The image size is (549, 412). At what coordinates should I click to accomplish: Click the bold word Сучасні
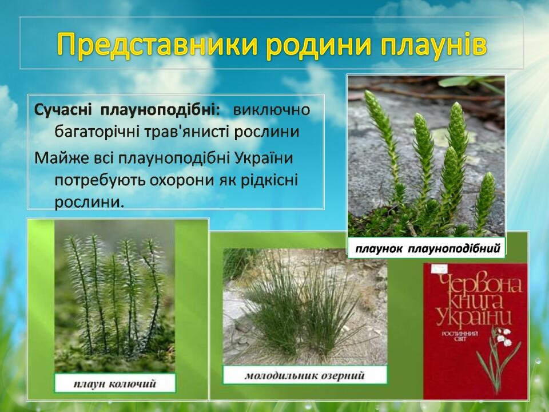[63, 110]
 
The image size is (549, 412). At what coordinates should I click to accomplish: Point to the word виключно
[272, 110]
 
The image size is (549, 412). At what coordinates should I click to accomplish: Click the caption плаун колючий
[115, 383]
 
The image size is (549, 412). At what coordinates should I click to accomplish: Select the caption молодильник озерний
[305, 376]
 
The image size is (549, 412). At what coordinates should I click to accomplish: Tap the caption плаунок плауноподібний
[428, 249]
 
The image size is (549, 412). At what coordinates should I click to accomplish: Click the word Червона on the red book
[479, 283]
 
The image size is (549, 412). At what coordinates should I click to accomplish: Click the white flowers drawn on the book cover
[503, 337]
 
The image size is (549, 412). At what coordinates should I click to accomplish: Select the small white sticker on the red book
[439, 269]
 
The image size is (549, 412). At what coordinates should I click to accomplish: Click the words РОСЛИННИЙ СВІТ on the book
[460, 336]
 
